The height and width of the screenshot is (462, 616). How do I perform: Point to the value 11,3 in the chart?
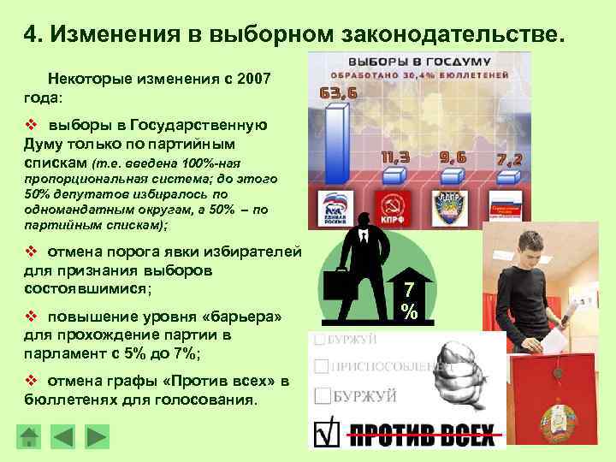tap(395, 157)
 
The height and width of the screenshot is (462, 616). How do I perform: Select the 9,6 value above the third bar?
tap(453, 157)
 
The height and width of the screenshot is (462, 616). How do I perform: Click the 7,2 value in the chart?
tap(507, 160)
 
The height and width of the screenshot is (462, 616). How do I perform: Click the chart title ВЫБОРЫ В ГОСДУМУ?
tap(417, 62)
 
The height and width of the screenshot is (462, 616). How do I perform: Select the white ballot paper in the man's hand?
tap(555, 343)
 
